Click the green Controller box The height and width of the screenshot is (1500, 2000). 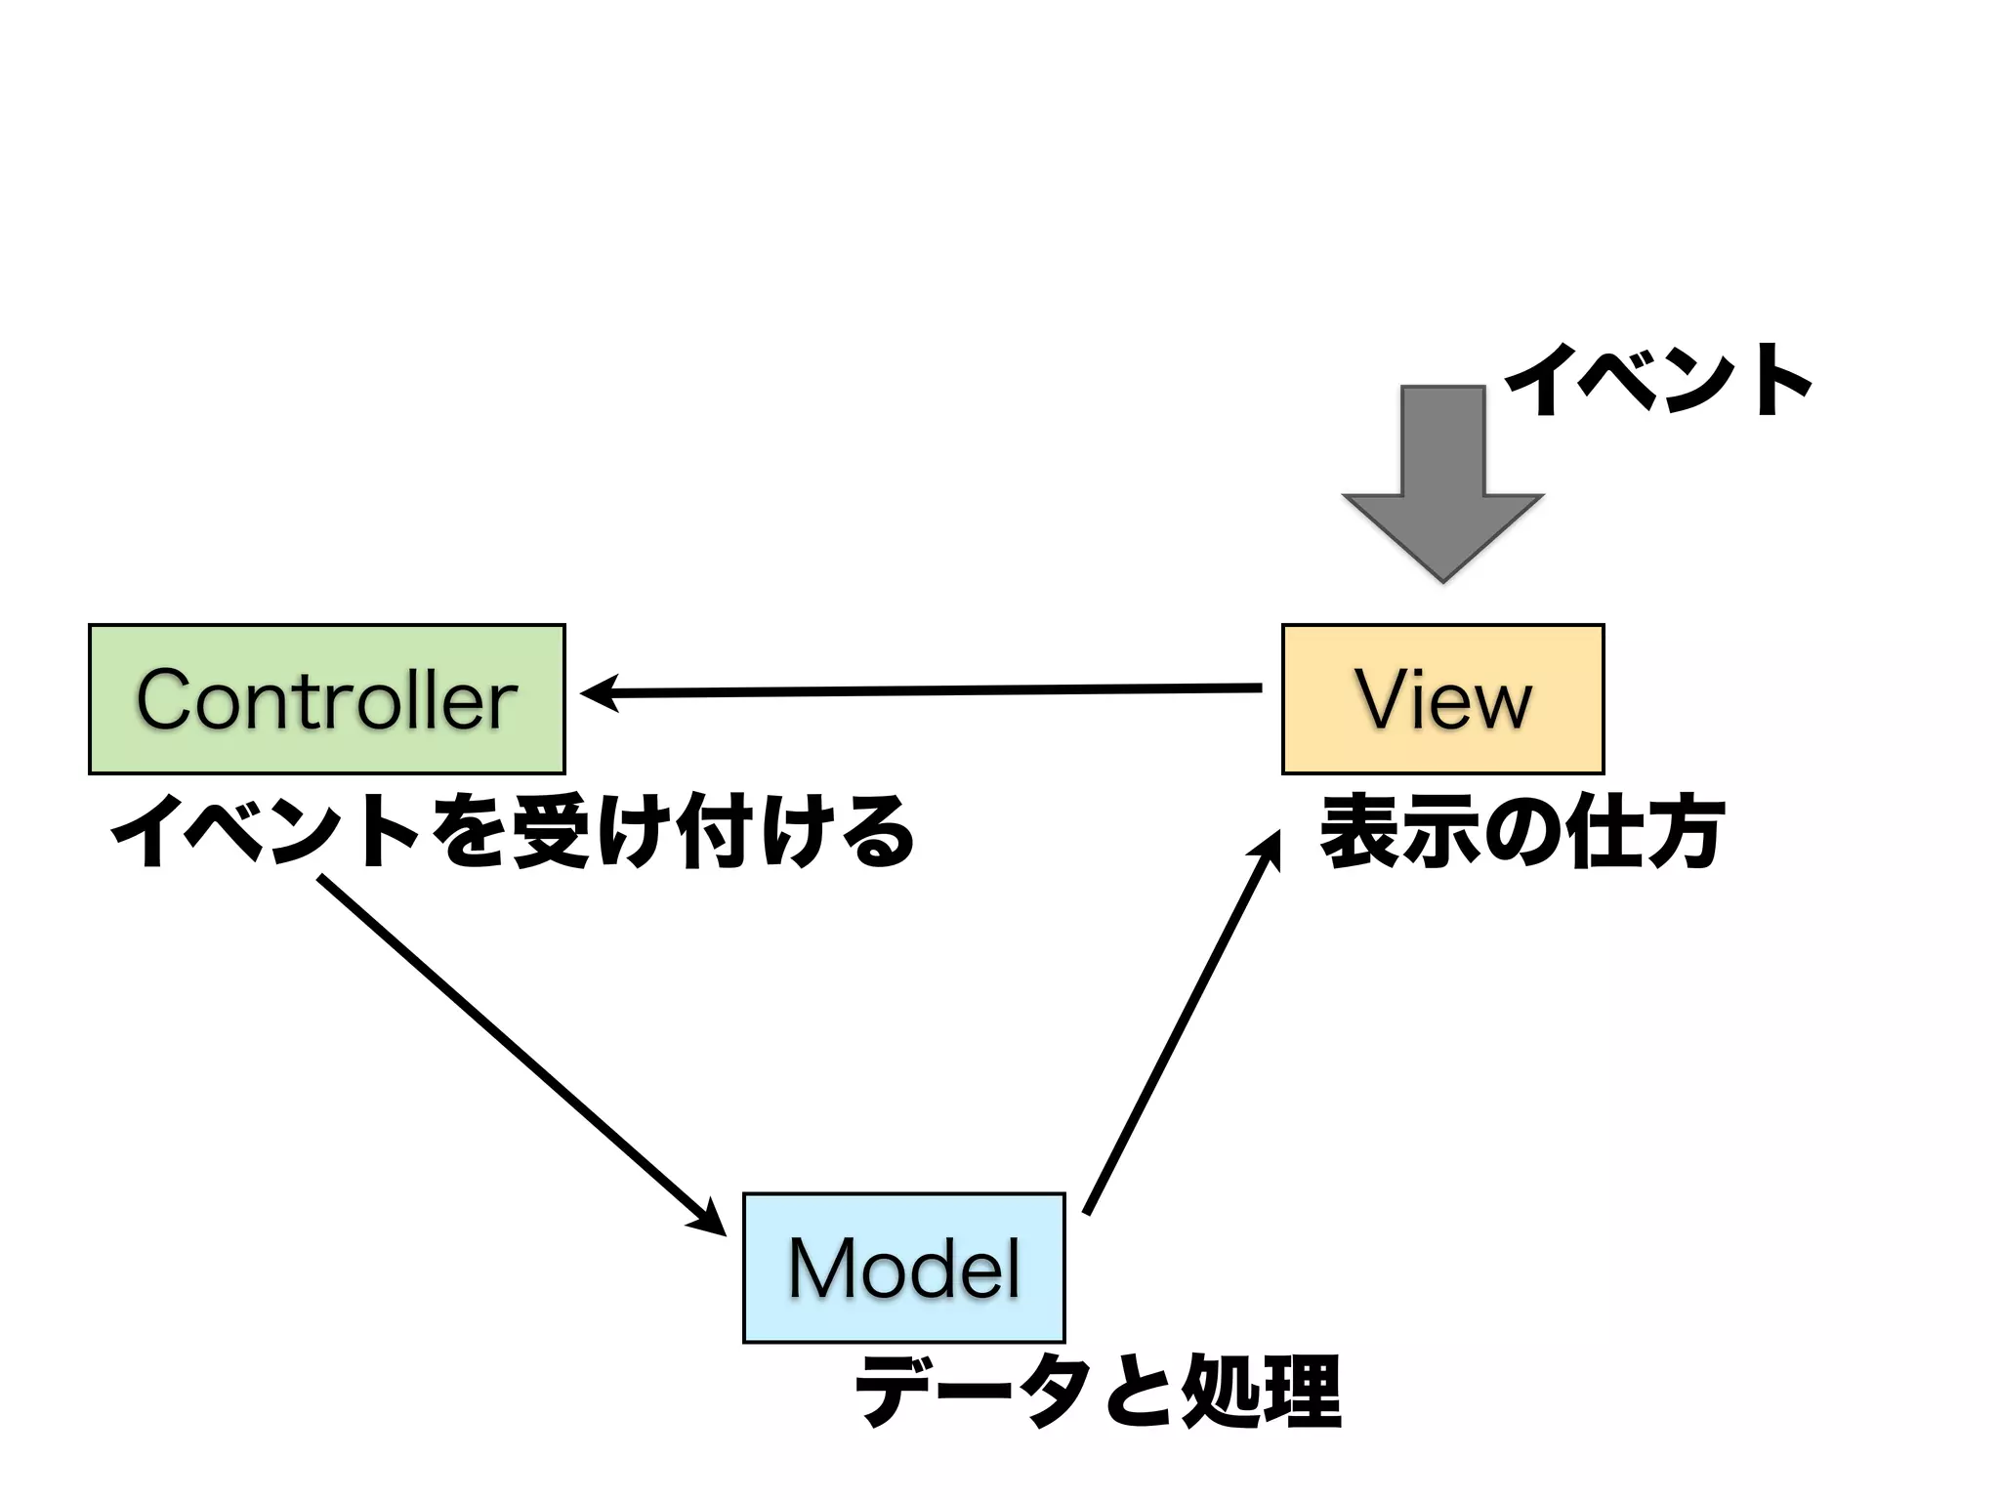pos(326,699)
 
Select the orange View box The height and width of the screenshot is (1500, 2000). pos(1442,699)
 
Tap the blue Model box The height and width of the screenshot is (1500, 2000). pos(903,1268)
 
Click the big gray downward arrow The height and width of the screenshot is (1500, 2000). pos(1442,488)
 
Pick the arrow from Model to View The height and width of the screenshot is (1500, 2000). pos(1182,1025)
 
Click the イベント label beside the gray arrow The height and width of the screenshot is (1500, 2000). pos(1658,381)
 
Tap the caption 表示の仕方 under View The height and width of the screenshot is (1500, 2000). pos(1521,833)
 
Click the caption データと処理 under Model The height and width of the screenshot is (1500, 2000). pos(1098,1392)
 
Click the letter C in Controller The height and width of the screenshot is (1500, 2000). pos(168,699)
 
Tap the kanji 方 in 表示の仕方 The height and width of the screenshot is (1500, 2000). pos(1684,833)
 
